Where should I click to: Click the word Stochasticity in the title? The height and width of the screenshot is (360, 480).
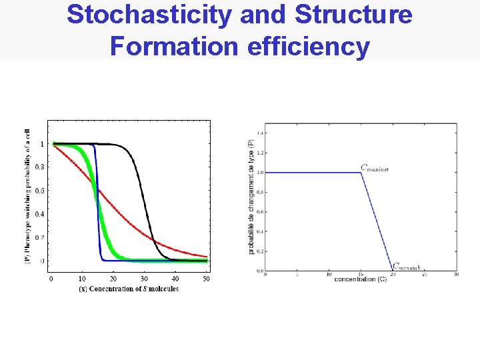pyautogui.click(x=150, y=15)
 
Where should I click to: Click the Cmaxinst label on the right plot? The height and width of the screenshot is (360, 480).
pyautogui.click(x=374, y=168)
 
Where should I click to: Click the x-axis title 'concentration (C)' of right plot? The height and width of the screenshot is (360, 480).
pyautogui.click(x=361, y=279)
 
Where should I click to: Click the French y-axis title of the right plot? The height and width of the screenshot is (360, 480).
pyautogui.click(x=251, y=196)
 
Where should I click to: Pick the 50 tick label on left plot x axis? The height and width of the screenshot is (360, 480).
pyautogui.click(x=206, y=278)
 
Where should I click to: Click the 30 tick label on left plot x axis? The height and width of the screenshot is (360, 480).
pyautogui.click(x=144, y=278)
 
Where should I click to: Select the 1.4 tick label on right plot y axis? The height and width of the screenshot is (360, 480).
pyautogui.click(x=260, y=133)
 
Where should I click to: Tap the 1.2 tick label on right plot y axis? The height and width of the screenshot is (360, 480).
pyautogui.click(x=260, y=153)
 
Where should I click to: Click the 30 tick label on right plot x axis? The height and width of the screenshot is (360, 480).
pyautogui.click(x=456, y=274)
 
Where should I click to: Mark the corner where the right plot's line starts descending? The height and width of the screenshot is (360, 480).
pyautogui.click(x=361, y=173)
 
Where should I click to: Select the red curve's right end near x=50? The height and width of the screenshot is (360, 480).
pyautogui.click(x=207, y=256)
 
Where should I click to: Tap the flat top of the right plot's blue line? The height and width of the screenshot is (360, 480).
pyautogui.click(x=313, y=173)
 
